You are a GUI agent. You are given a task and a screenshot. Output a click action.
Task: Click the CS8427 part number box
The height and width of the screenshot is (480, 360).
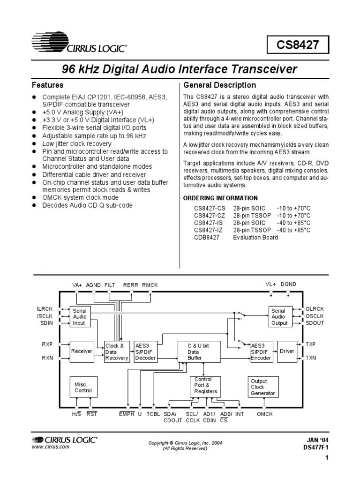click(x=298, y=45)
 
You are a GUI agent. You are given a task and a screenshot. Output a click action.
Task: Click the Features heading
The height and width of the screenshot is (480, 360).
click(x=47, y=85)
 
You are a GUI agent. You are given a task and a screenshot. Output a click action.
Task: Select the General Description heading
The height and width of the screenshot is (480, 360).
click(x=220, y=85)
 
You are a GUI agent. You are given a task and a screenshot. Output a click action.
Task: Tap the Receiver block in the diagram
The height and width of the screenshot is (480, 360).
click(x=81, y=351)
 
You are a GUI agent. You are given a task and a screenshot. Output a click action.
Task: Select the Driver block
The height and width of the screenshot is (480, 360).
click(x=286, y=351)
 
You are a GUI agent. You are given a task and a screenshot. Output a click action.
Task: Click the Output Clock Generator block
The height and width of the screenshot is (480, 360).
click(x=263, y=387)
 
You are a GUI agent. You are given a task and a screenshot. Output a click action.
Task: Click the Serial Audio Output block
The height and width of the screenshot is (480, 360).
click(x=278, y=317)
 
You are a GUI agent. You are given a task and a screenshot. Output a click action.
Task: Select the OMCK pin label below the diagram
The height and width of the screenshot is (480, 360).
click(x=265, y=414)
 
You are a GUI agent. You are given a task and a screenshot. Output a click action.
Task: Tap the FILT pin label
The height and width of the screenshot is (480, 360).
click(x=109, y=285)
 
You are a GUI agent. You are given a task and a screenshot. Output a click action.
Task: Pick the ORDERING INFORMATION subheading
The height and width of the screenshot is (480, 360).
click(x=220, y=198)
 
